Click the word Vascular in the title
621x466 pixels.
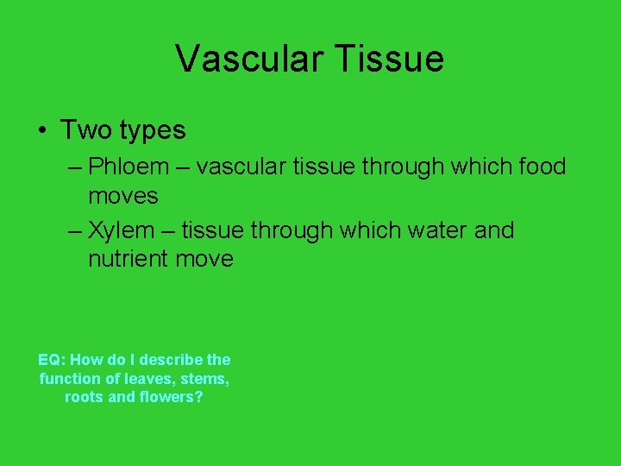pyautogui.click(x=249, y=59)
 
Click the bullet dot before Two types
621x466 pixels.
pyautogui.click(x=41, y=131)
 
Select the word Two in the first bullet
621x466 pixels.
pyautogui.click(x=85, y=130)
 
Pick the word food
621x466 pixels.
pyautogui.click(x=539, y=166)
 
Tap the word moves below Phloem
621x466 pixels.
pyautogui.click(x=123, y=196)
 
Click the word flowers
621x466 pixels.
pyautogui.click(x=171, y=398)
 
